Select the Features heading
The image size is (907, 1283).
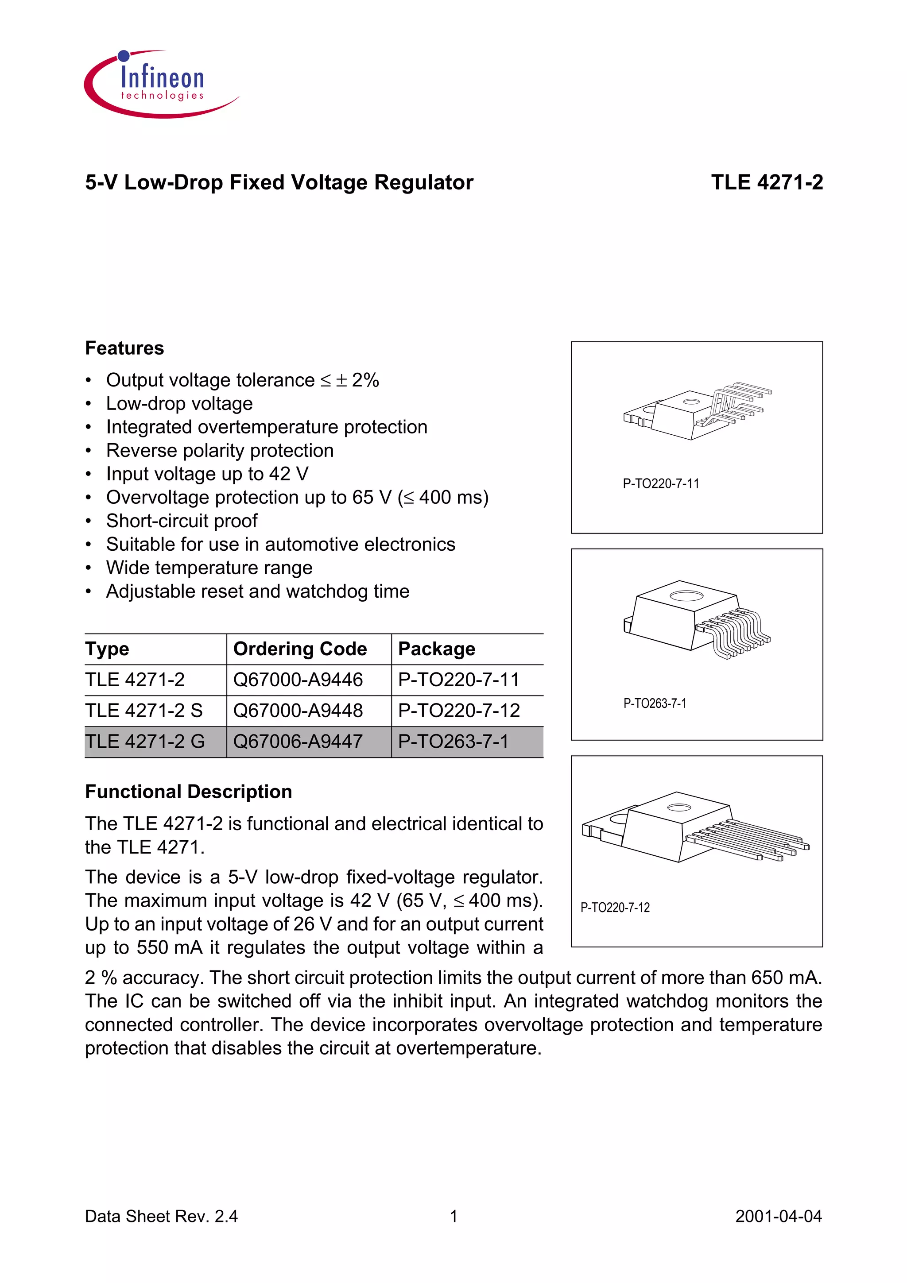(124, 348)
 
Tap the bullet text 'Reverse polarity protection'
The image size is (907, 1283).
(220, 450)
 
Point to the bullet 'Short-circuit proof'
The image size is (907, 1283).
(182, 521)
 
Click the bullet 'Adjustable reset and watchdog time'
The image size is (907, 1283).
(258, 591)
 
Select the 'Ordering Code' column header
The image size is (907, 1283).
(300, 649)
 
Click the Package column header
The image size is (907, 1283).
(437, 649)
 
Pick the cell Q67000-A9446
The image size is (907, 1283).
(298, 680)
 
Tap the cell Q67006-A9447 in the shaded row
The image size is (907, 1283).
(298, 742)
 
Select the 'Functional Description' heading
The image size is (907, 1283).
(188, 792)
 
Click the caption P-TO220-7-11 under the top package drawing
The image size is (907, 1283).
(661, 483)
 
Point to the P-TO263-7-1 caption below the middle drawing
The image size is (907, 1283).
(655, 703)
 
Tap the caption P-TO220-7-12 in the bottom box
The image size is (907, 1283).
(615, 908)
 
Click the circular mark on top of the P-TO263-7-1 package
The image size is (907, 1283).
(686, 596)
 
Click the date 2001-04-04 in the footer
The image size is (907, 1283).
(779, 1217)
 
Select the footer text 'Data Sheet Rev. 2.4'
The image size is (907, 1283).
(161, 1217)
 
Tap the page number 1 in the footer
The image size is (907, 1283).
(454, 1217)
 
